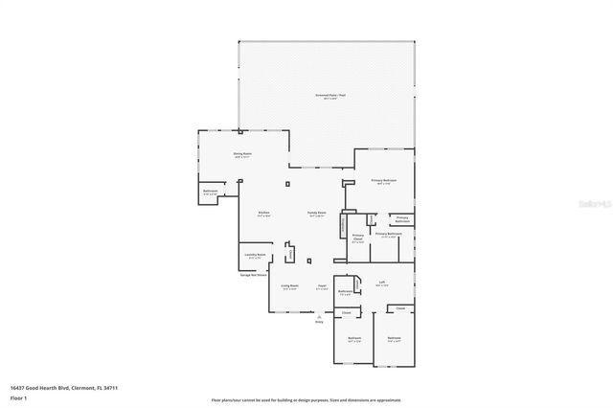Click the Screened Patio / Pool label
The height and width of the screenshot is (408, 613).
330,96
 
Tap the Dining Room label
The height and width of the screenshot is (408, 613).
242,153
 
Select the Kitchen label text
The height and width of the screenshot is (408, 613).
263,213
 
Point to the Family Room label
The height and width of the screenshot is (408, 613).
317,213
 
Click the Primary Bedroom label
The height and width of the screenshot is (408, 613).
384,180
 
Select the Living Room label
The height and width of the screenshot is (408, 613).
289,285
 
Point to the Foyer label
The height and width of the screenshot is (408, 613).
323,285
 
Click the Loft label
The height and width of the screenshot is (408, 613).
381,282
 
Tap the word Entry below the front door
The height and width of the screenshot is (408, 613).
319,322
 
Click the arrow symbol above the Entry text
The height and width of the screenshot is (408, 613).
319,315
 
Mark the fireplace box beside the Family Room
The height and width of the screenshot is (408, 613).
342,223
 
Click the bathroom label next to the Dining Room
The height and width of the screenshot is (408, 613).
211,191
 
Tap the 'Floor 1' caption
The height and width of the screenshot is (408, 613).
19,397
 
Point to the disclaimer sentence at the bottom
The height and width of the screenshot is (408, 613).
306,400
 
